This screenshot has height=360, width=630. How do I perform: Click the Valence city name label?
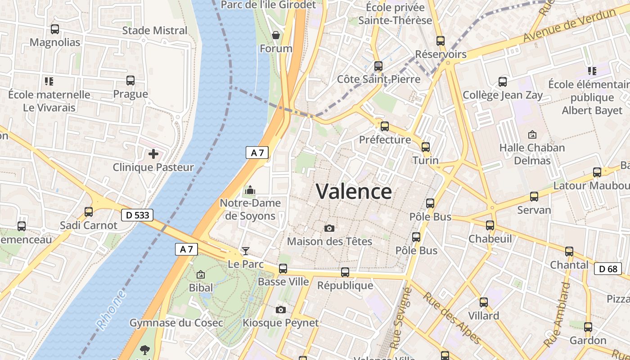coord(354,192)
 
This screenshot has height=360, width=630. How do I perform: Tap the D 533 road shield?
coord(137,215)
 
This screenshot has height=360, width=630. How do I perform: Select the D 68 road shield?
coord(607,269)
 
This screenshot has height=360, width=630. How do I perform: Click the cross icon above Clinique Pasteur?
coord(153,154)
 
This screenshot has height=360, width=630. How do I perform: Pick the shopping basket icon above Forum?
coord(276,35)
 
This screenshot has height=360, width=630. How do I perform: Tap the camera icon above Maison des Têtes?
coord(329,229)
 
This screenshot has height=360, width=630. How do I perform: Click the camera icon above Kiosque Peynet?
coord(281,310)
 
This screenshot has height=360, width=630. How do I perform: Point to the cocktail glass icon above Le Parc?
coord(246,251)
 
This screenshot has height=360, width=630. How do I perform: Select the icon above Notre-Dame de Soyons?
coord(250,190)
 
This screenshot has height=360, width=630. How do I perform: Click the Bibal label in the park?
coord(201,288)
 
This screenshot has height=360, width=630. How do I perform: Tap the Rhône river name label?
coord(111,310)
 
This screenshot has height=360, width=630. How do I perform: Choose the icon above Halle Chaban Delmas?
coord(532,135)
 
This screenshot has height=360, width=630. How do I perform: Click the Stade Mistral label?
coord(155,31)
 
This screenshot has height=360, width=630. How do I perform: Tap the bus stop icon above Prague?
coord(130,81)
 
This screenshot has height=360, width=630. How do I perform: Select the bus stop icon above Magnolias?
coord(55,29)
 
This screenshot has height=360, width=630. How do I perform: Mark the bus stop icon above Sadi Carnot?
coord(89,212)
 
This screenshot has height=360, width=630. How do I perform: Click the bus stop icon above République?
coord(345,272)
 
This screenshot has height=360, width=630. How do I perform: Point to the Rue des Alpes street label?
coord(452,319)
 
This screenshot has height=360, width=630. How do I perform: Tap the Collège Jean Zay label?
coord(503,95)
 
